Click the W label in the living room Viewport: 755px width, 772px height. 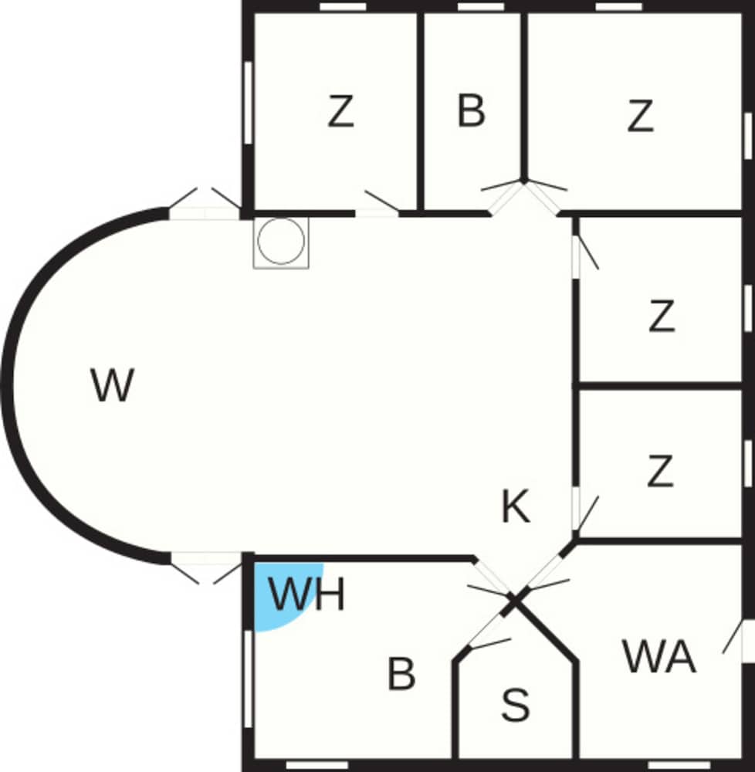click(x=113, y=385)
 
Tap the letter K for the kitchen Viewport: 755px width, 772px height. click(x=516, y=508)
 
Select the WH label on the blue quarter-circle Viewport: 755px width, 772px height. click(x=306, y=595)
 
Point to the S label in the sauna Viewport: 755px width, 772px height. click(x=515, y=704)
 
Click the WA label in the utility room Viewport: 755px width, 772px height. click(x=659, y=658)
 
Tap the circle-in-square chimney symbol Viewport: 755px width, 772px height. click(x=281, y=242)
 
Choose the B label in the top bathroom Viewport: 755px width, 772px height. click(x=471, y=110)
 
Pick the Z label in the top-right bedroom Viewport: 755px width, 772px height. click(x=640, y=117)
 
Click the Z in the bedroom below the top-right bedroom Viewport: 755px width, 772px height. click(x=662, y=317)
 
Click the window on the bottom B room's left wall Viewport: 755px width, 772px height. click(x=248, y=679)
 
